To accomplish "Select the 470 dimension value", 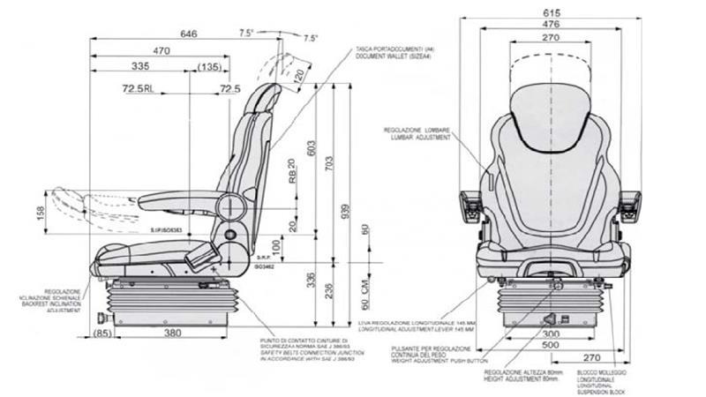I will tap(161, 52).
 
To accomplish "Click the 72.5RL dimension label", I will tap(141, 89).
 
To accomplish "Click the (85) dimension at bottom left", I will tap(101, 333).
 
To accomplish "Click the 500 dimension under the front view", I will tap(551, 347).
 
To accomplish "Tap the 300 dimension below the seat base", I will tap(551, 335).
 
